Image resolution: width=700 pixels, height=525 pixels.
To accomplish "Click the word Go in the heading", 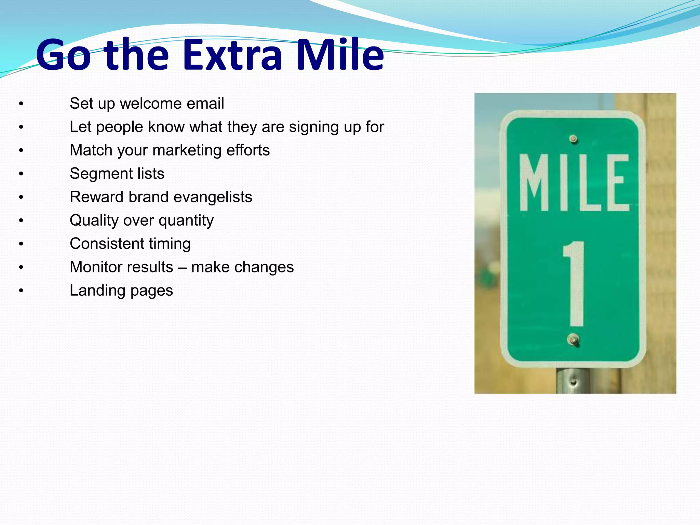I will (x=64, y=55).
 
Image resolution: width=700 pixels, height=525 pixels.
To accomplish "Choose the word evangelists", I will (x=213, y=197).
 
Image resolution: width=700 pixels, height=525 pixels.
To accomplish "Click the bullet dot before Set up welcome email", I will (x=21, y=104).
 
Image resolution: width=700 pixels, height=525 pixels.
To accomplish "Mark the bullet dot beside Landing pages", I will (x=21, y=291).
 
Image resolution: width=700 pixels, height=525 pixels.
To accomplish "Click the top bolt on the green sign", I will (x=573, y=139).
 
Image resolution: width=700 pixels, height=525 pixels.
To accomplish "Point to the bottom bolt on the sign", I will (x=573, y=340).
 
